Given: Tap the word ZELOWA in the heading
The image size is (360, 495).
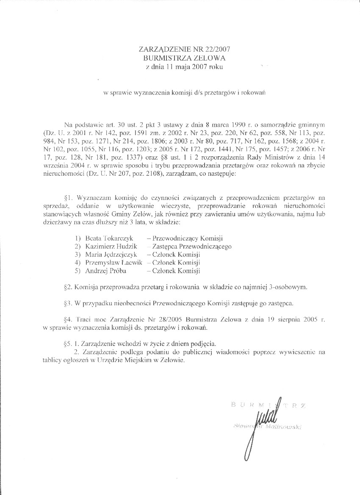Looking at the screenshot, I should [201, 58].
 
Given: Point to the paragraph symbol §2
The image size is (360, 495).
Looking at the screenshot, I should [68, 287].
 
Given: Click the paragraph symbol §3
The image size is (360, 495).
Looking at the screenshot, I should [68, 303].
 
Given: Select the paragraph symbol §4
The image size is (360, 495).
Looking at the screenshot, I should [68, 319].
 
